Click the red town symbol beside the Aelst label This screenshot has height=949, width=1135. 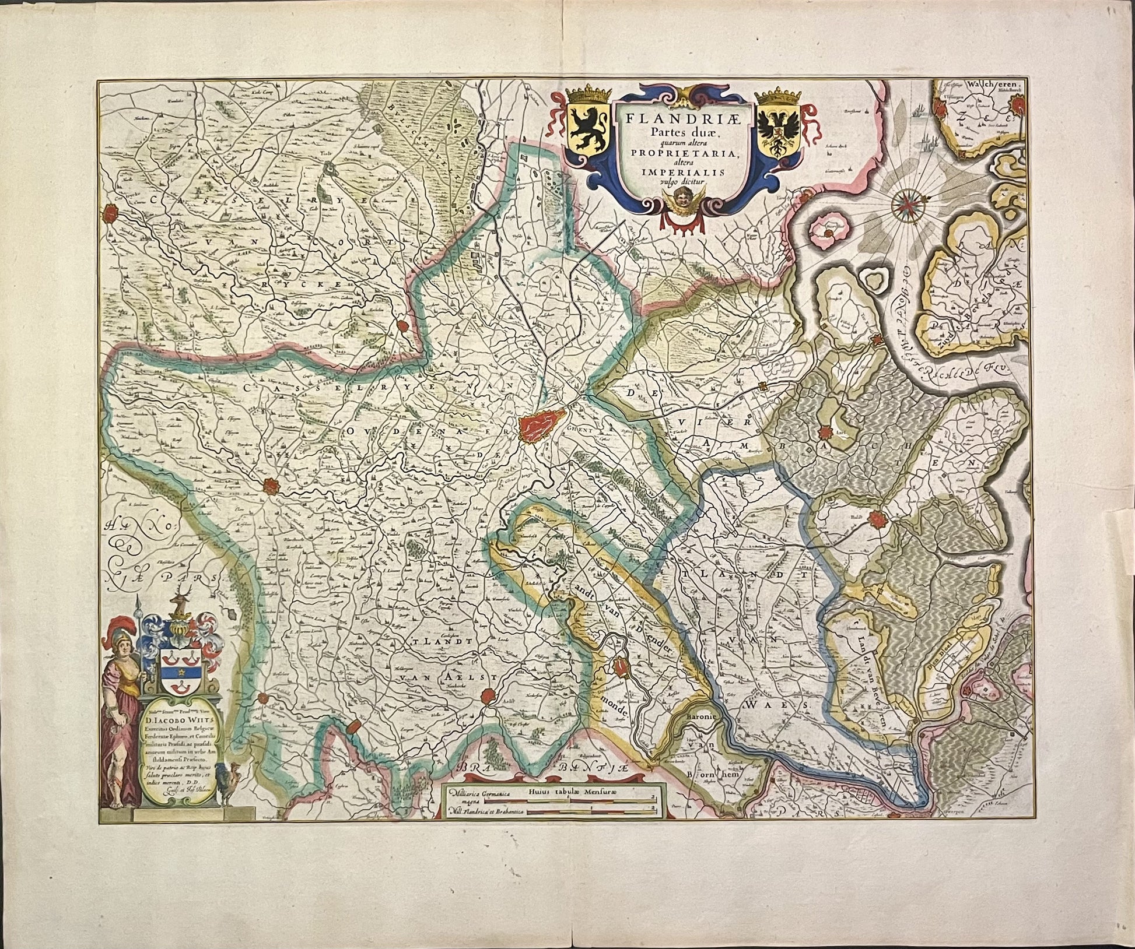click(488, 696)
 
